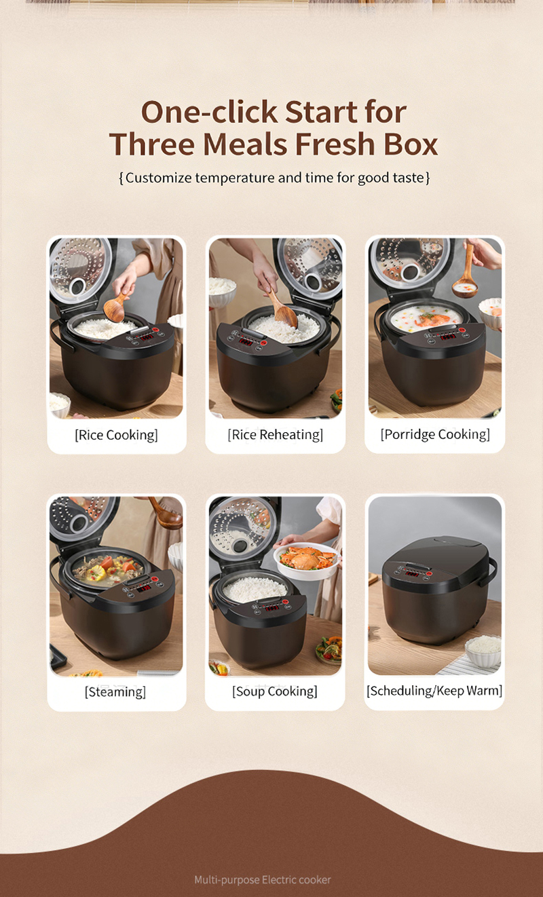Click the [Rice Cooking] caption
click(116, 435)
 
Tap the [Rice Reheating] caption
click(275, 434)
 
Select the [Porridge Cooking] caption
click(435, 434)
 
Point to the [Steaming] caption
click(115, 691)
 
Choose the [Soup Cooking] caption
click(275, 691)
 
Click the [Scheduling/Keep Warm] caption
click(434, 690)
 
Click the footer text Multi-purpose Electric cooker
click(262, 880)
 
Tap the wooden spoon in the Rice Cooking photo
click(115, 306)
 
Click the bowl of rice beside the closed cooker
click(483, 650)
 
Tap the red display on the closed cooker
click(412, 574)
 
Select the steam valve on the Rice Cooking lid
click(77, 287)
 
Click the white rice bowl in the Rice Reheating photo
click(222, 292)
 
